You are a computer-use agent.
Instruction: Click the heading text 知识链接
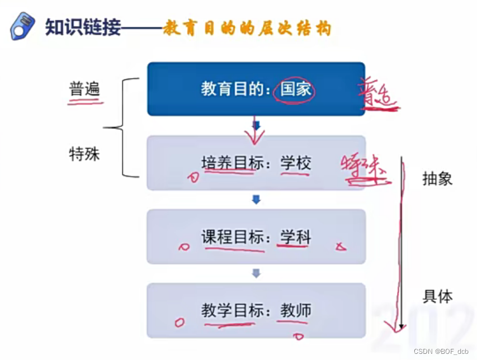click(83, 27)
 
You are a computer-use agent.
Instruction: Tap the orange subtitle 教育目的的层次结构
click(247, 28)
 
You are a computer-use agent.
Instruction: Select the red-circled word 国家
click(295, 89)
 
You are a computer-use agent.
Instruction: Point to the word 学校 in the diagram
click(295, 163)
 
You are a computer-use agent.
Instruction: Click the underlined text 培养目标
click(228, 163)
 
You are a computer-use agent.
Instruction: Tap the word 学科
click(295, 237)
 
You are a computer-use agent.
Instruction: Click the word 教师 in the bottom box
click(295, 311)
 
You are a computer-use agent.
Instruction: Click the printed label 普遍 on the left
click(84, 89)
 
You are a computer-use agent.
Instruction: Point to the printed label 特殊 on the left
click(84, 154)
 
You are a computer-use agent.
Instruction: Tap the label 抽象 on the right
click(437, 179)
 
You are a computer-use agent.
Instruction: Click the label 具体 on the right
click(437, 297)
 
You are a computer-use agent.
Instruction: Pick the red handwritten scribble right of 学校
click(365, 168)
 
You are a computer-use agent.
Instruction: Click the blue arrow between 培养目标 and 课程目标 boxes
click(256, 200)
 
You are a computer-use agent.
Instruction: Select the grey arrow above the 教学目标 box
click(256, 273)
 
